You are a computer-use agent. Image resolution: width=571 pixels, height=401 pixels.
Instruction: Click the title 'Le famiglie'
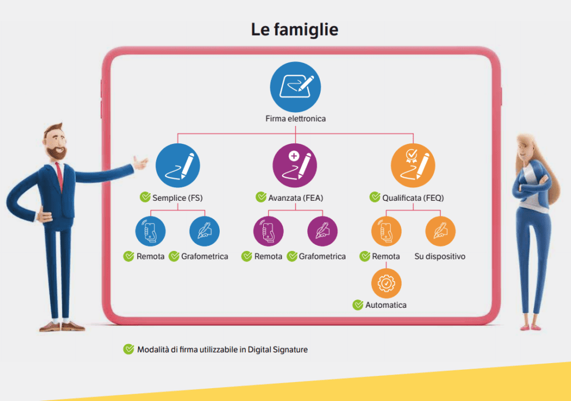point(294,30)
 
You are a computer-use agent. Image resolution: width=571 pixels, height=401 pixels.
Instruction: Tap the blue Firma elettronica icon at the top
point(296,86)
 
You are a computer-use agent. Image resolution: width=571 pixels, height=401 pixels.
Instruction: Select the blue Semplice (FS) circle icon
point(178,166)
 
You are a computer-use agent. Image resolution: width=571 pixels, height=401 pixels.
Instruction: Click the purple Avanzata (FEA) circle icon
point(295,166)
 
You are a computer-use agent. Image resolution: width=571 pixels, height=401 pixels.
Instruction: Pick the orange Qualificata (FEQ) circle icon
point(413,166)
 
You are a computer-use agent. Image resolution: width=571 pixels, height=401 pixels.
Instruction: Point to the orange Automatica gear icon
point(386,283)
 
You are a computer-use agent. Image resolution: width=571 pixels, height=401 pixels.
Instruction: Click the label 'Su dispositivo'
point(440,257)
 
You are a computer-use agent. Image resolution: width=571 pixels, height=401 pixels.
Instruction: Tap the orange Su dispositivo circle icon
point(441,231)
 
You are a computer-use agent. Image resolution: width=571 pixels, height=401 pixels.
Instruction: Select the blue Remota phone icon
point(151,231)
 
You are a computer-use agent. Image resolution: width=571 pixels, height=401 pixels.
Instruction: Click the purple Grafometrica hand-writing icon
point(322,231)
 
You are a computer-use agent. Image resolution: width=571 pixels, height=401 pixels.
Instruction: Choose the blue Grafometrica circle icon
point(205,231)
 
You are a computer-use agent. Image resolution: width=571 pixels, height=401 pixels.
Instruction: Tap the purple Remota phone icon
point(268,231)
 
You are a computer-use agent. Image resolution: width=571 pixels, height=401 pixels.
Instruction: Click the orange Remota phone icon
point(386,231)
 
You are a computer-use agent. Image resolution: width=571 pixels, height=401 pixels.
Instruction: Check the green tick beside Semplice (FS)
point(146,197)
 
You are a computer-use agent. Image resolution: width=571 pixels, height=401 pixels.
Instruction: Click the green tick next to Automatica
point(358,305)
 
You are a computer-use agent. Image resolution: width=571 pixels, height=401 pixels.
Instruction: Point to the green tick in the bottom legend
point(129,349)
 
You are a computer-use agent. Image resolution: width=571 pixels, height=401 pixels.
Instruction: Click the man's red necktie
point(60,177)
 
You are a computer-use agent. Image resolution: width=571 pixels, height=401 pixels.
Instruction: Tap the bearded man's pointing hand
point(140,163)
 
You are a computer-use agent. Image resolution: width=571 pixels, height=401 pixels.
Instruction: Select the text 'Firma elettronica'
point(296,119)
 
